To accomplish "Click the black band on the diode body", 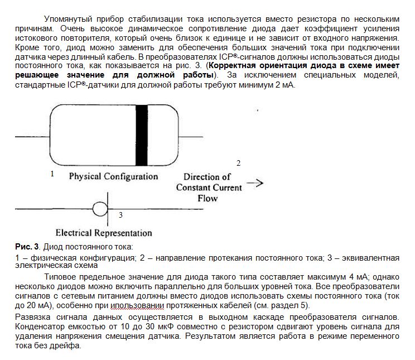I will [x=142, y=135].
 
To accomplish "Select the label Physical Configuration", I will [x=113, y=176].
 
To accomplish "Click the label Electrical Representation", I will [x=104, y=233].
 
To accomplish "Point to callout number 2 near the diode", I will [x=239, y=163].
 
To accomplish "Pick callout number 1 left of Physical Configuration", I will [x=52, y=174].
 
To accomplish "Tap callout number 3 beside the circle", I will [x=121, y=214].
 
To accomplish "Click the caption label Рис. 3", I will [x=27, y=247].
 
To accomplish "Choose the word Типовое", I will [x=60, y=276].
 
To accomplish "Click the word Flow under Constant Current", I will [x=207, y=198].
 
